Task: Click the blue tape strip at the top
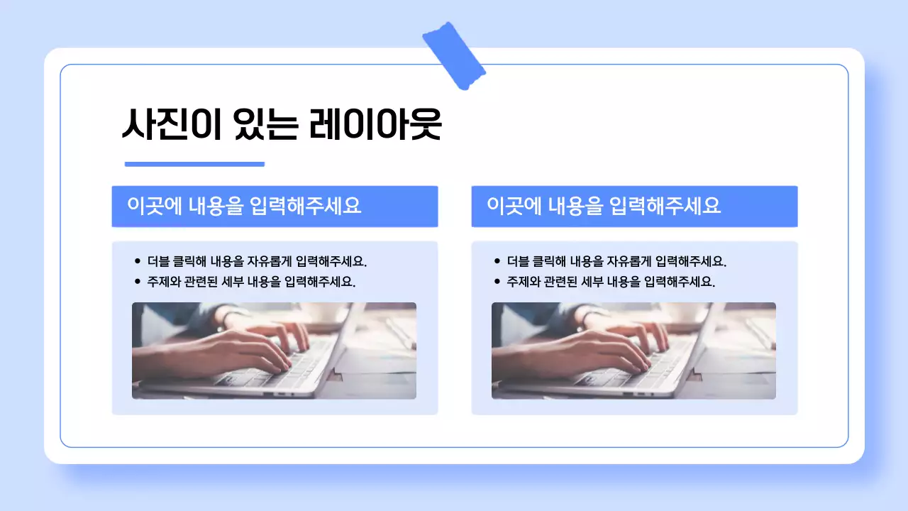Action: coord(454,56)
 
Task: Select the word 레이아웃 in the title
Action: coord(375,126)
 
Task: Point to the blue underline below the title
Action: coord(194,164)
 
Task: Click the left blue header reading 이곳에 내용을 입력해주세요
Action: coord(275,207)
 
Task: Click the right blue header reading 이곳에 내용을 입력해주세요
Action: coord(634,207)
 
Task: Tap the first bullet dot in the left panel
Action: coord(138,261)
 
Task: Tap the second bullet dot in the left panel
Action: coord(138,281)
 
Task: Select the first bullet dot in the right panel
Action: coord(497,261)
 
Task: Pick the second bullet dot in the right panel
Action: coord(497,281)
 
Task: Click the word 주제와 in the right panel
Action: coord(524,281)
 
